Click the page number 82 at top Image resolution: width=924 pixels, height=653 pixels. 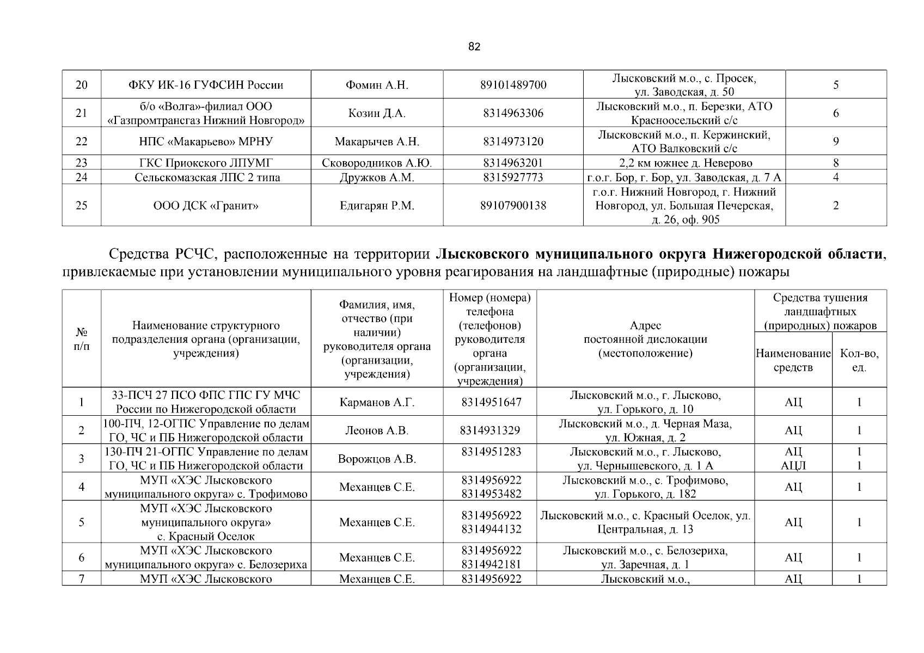click(x=474, y=47)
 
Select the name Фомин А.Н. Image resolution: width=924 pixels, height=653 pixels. click(x=377, y=85)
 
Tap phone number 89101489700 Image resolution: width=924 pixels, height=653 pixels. click(x=513, y=85)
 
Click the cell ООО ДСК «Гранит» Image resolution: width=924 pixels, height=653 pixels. click(x=205, y=206)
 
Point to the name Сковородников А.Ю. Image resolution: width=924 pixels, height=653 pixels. click(x=377, y=163)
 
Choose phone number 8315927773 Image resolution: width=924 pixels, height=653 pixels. click(x=513, y=177)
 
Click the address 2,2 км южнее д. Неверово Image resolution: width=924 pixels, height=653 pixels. click(x=684, y=163)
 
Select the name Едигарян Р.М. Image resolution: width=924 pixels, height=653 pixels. click(x=377, y=206)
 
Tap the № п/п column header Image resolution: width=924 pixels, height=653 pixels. click(x=81, y=339)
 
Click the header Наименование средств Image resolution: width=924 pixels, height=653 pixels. click(x=793, y=360)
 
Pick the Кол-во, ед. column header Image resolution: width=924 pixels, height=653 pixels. click(x=859, y=360)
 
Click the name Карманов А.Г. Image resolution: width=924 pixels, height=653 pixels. click(x=377, y=403)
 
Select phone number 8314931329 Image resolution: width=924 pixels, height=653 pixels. click(x=489, y=430)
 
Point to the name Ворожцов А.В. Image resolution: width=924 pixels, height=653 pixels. click(x=377, y=459)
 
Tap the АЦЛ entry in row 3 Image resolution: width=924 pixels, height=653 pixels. click(x=793, y=466)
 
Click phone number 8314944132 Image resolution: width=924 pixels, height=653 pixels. click(x=491, y=529)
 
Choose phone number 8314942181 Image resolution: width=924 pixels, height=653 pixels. click(x=491, y=564)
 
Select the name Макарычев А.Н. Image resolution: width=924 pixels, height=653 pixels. click(x=377, y=141)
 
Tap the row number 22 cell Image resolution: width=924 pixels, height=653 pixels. click(x=81, y=141)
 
